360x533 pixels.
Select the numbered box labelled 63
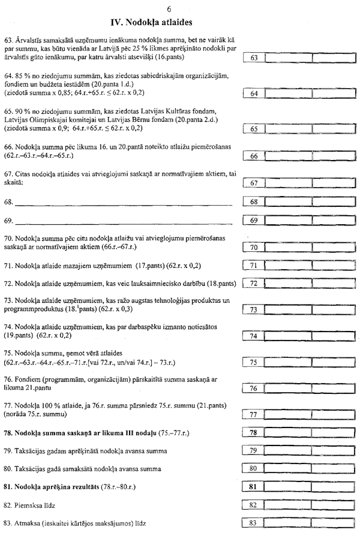pos(253,58)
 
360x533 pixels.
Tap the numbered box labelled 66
pos(253,156)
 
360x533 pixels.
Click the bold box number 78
pos(253,432)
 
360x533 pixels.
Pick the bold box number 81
pos(253,487)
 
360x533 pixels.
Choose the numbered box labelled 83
pos(253,523)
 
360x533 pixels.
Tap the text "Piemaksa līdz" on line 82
pos(36,505)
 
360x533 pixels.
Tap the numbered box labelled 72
pos(253,283)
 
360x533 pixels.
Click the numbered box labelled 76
pos(253,389)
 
